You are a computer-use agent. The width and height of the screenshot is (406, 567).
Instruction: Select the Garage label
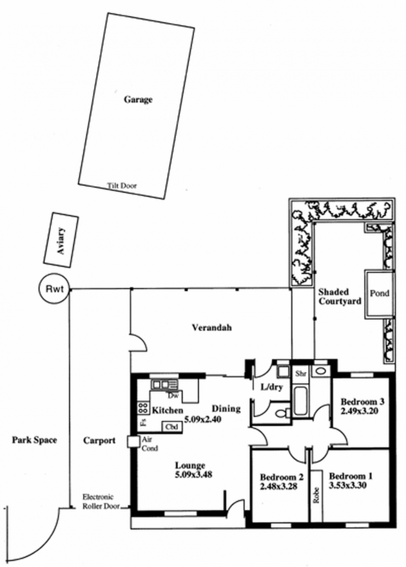pos(138,99)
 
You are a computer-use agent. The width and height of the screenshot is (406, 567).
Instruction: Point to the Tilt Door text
pos(122,186)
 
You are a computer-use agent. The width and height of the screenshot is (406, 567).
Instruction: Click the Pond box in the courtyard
pos(378,293)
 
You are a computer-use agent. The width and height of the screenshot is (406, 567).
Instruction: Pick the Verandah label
pos(212,327)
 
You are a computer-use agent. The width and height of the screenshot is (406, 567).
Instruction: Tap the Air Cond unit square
pos(133,442)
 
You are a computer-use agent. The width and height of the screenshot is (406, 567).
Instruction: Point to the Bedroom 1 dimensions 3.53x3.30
pos(349,485)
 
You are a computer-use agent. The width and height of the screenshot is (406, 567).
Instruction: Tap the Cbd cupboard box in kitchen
pos(171,427)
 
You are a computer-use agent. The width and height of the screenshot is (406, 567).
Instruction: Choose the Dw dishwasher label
pos(172,395)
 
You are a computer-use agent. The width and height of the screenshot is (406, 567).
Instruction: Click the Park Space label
pos(34,440)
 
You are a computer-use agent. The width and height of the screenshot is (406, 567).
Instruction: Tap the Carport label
pos(99,440)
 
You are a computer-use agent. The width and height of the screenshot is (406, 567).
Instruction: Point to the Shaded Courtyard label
pos(340,296)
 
